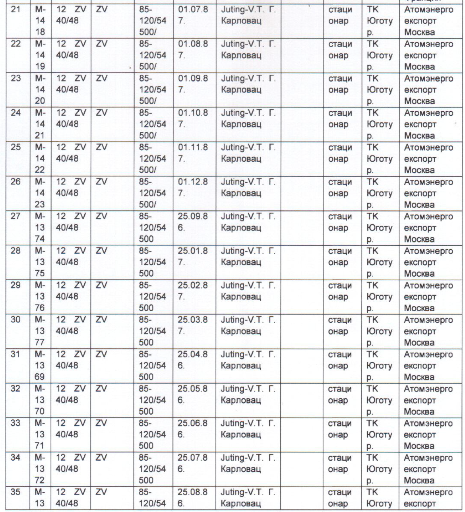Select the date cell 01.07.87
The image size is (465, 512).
click(x=193, y=16)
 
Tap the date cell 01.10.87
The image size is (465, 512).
click(x=193, y=119)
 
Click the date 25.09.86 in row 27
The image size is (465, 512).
click(x=193, y=222)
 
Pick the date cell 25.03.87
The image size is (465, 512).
click(x=193, y=326)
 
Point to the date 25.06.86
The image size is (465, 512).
click(x=193, y=429)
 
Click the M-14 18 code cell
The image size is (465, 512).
click(x=40, y=21)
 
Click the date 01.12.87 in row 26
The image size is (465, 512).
click(x=193, y=188)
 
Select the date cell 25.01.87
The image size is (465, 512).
click(x=193, y=257)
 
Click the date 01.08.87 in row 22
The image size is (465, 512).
click(x=193, y=50)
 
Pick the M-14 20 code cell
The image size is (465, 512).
click(x=40, y=90)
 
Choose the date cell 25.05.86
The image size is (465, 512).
click(x=193, y=394)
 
